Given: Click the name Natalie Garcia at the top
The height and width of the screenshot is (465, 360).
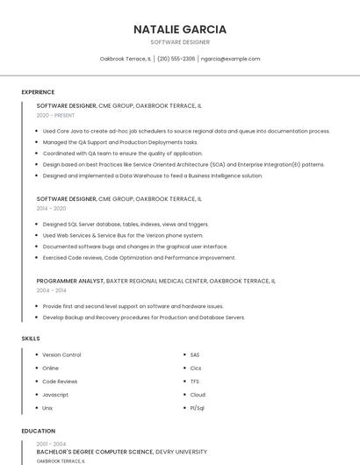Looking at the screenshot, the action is point(180,29).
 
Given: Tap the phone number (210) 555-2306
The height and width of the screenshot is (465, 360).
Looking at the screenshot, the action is point(176,59).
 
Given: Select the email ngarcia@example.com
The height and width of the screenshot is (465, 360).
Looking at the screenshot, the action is point(230,59).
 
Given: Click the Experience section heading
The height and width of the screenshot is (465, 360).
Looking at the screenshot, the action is point(38,92).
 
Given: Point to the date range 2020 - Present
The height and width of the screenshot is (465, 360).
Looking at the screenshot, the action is point(55,115).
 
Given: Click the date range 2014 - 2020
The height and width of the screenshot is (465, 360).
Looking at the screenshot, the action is point(51,209).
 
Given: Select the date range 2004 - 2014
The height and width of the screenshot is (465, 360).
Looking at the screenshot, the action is point(51,290).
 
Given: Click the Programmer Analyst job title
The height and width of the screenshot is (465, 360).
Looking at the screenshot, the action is point(69,282).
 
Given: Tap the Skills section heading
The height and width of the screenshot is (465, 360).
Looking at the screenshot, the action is point(31,339).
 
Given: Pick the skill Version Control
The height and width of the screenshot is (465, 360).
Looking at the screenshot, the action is point(61,355).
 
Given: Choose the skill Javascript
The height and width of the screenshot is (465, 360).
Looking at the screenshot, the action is point(55,395).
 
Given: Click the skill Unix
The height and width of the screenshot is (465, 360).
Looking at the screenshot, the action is point(47,408).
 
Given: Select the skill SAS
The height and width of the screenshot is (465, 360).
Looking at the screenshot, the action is point(195,355).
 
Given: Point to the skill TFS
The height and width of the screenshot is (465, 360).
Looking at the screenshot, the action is point(195,382).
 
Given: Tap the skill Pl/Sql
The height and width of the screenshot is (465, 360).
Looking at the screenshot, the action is point(198,408).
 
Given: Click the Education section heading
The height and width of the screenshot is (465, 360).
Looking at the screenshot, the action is point(38,432).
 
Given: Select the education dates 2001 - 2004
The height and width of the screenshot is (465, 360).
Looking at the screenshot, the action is point(51,444).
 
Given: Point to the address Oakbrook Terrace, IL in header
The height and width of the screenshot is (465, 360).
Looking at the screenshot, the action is point(126,59).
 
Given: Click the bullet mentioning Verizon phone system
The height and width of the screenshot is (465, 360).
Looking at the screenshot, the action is point(123,235).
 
